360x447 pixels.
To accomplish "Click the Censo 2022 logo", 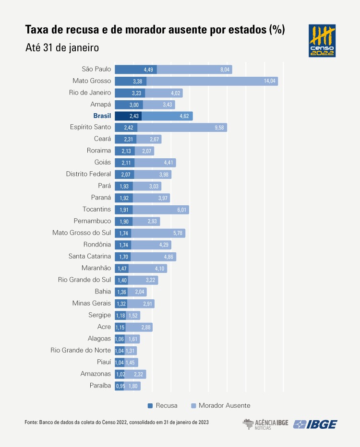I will (322, 41).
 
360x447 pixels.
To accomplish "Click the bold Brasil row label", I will (102, 116).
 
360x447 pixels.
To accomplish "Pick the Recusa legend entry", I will (163, 405).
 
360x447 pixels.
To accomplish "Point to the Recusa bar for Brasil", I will (128, 116).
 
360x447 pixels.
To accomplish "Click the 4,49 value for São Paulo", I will (148, 70).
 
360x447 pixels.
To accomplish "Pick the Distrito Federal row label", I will (88, 174).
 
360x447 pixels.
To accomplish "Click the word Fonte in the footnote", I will (30, 422).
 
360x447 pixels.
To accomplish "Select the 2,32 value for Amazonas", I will (139, 374).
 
